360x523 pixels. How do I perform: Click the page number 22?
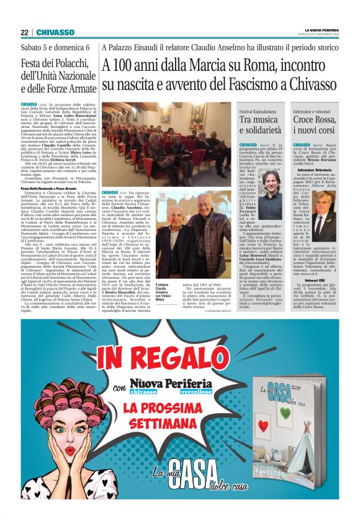click(x=24, y=32)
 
